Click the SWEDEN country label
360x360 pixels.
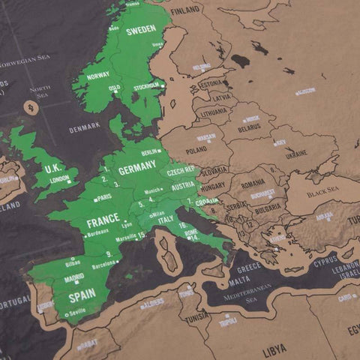pyautogui.click(x=141, y=31)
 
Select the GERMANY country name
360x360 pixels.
pyautogui.click(x=137, y=170)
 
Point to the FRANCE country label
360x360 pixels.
pyautogui.click(x=103, y=223)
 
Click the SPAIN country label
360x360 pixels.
pyautogui.click(x=82, y=297)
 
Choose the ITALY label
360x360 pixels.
pyautogui.click(x=165, y=219)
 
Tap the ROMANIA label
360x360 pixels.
pyautogui.click(x=253, y=183)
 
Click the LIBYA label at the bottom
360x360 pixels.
pyautogui.click(x=274, y=350)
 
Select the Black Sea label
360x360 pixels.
pyautogui.click(x=322, y=192)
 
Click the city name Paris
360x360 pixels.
pyautogui.click(x=103, y=197)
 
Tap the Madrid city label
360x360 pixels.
pyautogui.click(x=74, y=277)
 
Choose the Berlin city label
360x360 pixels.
pyautogui.click(x=150, y=151)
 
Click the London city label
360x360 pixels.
pyautogui.click(x=59, y=178)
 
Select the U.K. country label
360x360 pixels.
pyautogui.click(x=53, y=169)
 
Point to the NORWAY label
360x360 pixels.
pyautogui.click(x=98, y=75)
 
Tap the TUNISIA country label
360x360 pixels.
pyautogui.click(x=197, y=316)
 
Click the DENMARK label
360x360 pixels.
pyautogui.click(x=84, y=128)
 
